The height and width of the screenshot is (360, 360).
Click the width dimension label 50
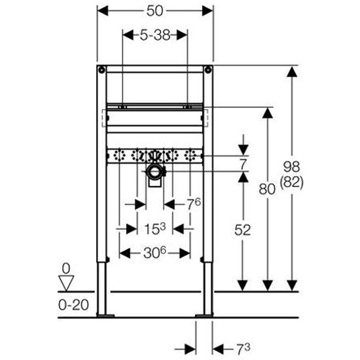click(x=155, y=10)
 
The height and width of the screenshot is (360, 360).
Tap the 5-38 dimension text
click(x=155, y=35)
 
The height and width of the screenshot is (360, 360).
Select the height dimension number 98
click(x=291, y=166)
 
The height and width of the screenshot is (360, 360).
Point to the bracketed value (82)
click(x=291, y=183)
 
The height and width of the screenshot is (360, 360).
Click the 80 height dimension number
click(x=267, y=189)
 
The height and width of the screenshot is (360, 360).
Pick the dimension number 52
click(x=242, y=230)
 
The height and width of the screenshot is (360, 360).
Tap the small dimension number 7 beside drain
click(x=243, y=164)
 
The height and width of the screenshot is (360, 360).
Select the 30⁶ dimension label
click(x=154, y=253)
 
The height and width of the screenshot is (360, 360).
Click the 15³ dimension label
click(x=154, y=228)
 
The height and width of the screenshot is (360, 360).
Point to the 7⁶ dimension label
click(x=193, y=204)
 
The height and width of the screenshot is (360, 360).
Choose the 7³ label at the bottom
click(x=243, y=350)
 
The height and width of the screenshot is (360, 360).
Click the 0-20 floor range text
click(x=73, y=305)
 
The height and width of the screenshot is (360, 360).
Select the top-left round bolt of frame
click(x=101, y=70)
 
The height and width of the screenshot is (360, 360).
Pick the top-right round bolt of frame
click(x=208, y=70)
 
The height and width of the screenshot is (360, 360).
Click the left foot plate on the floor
click(x=105, y=316)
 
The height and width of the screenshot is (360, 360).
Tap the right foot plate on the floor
click(x=204, y=316)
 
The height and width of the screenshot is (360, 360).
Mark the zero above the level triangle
click(x=66, y=268)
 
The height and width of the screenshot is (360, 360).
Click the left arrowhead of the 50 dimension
click(x=103, y=10)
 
